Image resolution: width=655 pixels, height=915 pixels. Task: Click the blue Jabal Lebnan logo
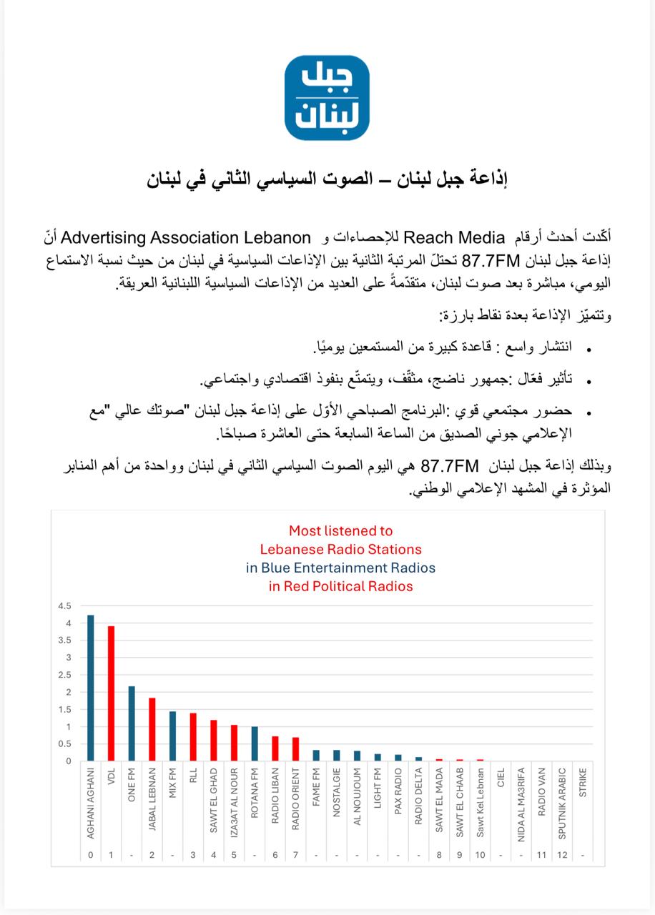tap(327, 98)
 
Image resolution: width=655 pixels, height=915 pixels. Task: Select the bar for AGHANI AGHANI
tap(91, 688)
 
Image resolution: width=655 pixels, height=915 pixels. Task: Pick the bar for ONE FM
tap(132, 723)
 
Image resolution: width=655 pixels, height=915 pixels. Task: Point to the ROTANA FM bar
tap(255, 743)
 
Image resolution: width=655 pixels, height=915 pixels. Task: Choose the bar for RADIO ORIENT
tap(295, 749)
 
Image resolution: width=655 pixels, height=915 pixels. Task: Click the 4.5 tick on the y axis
tap(65, 605)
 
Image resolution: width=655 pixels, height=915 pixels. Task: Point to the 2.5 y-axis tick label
tap(65, 675)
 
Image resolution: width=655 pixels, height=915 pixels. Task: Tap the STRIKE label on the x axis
tap(583, 783)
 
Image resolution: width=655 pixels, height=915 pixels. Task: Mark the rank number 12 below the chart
tap(562, 855)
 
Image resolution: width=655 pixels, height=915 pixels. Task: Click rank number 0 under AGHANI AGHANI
tap(91, 855)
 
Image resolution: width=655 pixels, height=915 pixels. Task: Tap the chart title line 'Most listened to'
tap(340, 531)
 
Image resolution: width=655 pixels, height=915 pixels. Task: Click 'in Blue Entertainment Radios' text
tap(340, 568)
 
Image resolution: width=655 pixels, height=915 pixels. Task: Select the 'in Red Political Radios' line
tap(340, 587)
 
